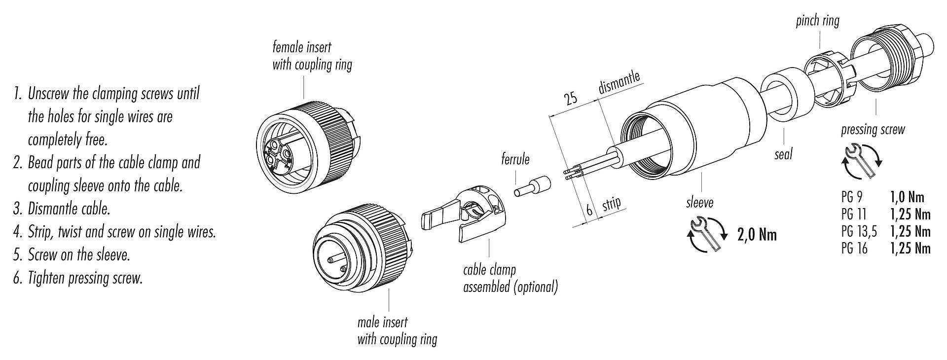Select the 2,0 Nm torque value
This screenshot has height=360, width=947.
coord(757,235)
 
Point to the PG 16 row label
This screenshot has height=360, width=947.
coord(854,248)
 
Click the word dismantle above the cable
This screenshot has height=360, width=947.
coord(619,82)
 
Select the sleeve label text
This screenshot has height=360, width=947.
coord(699,202)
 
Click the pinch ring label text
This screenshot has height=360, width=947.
coord(817,21)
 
